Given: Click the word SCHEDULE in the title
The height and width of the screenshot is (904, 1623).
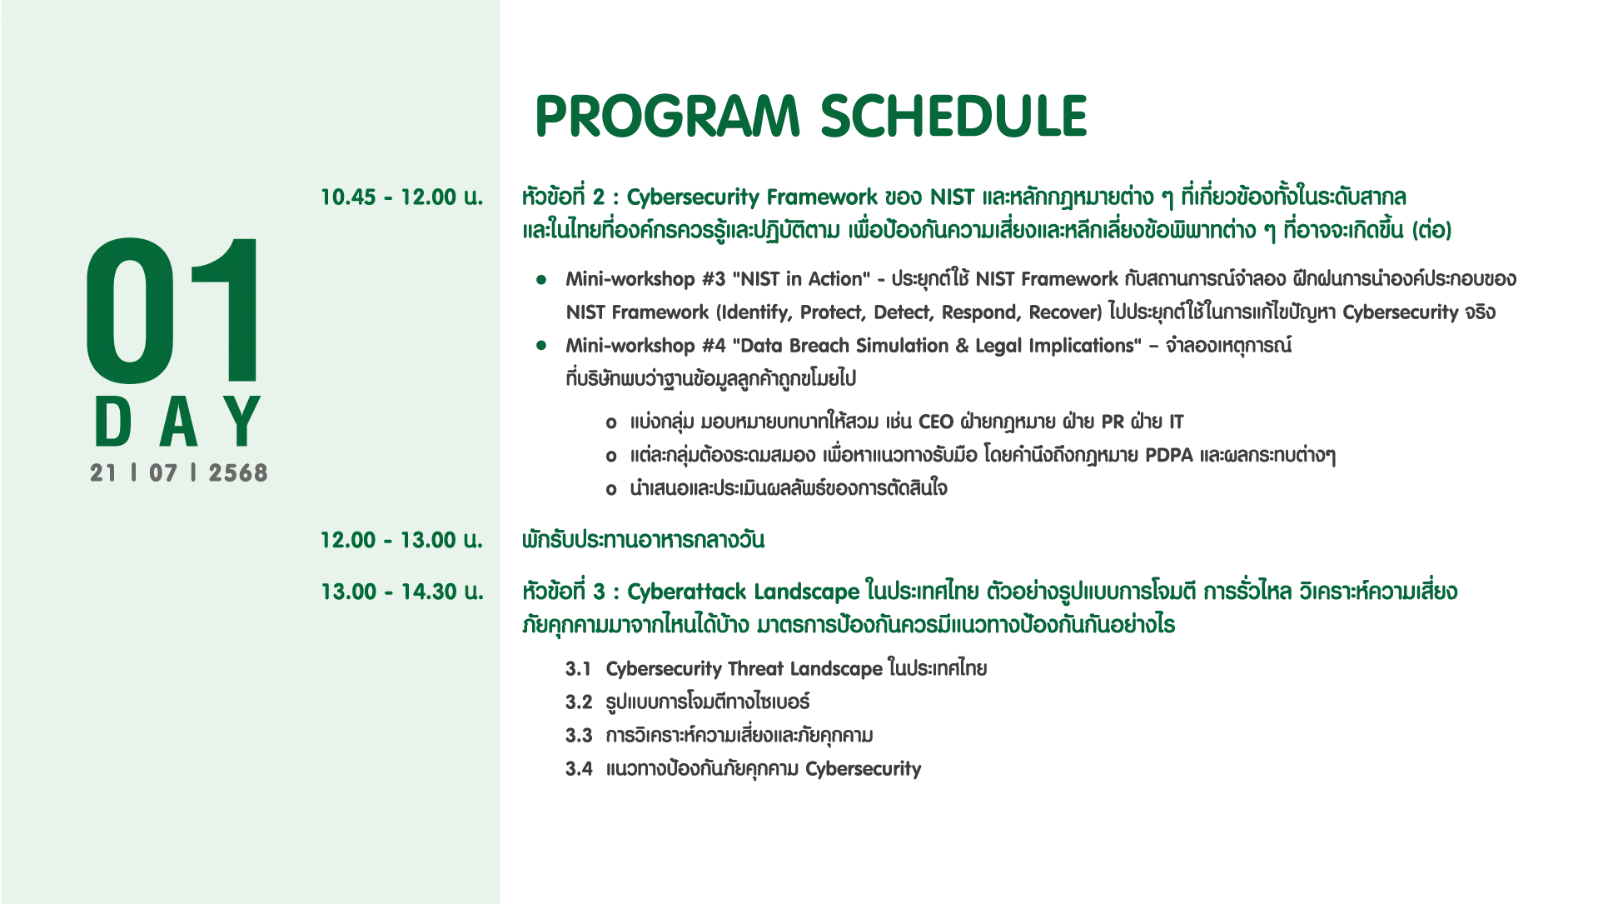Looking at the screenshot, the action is (954, 116).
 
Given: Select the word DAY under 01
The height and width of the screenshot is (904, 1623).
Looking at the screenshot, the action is (178, 422).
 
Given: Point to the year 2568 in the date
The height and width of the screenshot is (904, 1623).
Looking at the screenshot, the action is (238, 473).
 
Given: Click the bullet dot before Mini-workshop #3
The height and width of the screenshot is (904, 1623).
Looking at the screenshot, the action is (541, 278).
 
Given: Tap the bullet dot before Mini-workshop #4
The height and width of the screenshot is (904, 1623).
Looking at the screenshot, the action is (541, 345).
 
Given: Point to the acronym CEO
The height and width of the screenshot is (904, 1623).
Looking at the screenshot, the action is (936, 422).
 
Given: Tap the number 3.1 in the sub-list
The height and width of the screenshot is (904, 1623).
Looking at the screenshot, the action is (579, 669).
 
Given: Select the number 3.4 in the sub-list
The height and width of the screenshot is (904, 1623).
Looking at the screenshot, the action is (579, 769).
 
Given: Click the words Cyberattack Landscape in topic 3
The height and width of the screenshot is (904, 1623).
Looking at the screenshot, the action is (743, 592).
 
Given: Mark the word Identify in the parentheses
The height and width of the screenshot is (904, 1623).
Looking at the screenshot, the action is (754, 312).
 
